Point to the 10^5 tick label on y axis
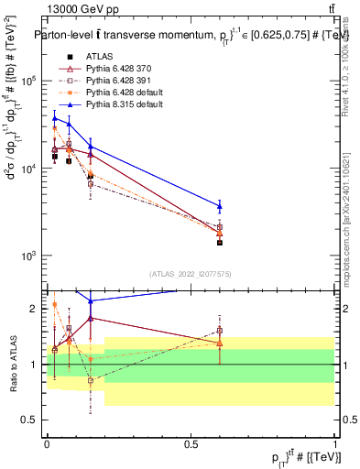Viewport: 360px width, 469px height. click(x=28, y=81)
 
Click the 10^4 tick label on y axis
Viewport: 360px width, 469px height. click(x=28, y=169)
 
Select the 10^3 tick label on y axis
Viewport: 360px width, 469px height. click(x=28, y=256)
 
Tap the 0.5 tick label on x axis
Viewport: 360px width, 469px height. click(x=191, y=442)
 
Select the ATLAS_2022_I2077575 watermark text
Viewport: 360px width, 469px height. click(x=191, y=273)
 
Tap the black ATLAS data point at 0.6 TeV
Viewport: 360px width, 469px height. click(x=220, y=243)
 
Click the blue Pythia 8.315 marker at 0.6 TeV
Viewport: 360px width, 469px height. click(x=220, y=206)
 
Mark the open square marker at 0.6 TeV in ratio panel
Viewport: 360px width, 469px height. click(x=220, y=331)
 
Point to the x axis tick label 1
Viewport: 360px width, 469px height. click(x=335, y=442)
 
